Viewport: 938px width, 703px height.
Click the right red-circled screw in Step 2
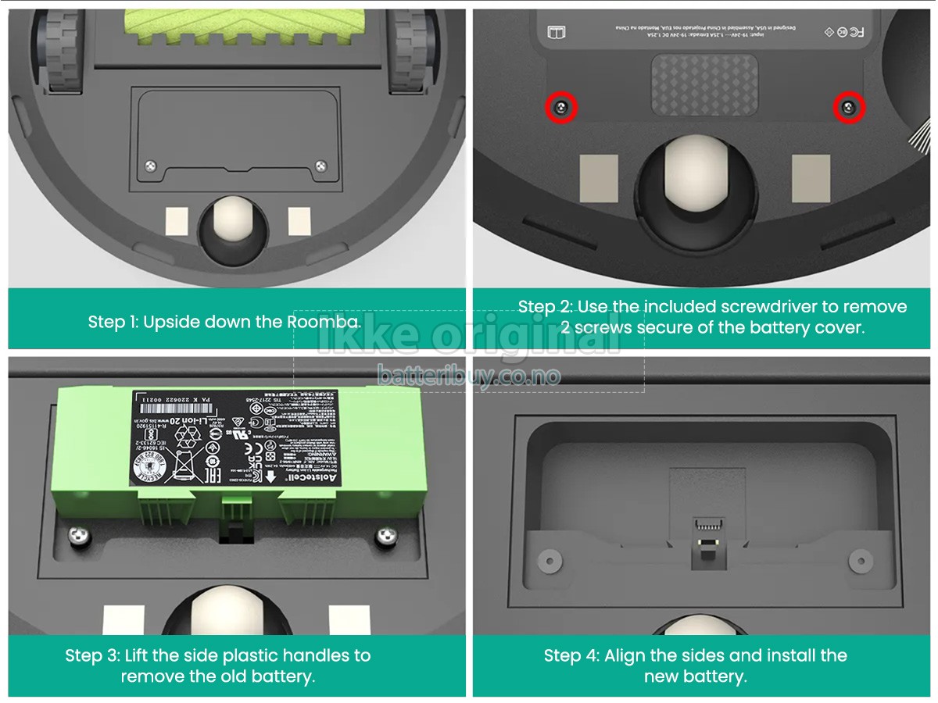click(x=848, y=108)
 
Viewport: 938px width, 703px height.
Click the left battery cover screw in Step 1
click(x=152, y=164)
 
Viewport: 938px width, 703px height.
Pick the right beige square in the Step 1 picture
click(x=299, y=221)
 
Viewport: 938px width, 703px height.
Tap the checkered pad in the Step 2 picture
click(x=704, y=84)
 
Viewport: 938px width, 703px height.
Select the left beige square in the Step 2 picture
click(x=598, y=178)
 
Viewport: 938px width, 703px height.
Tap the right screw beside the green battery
click(x=385, y=536)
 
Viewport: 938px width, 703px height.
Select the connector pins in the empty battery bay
click(x=707, y=524)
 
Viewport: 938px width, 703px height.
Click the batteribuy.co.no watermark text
click(x=469, y=376)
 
